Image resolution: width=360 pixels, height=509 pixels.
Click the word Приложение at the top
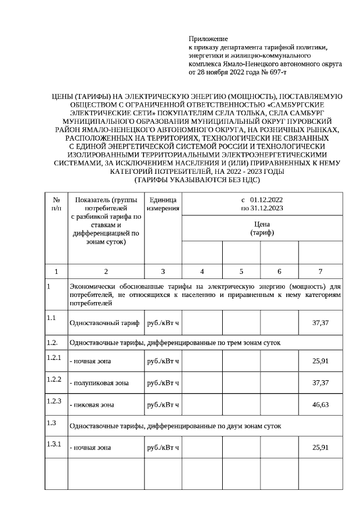208,39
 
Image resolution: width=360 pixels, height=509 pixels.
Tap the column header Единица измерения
163,204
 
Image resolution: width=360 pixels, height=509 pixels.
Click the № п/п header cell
56,204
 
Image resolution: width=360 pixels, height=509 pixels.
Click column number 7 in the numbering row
320,272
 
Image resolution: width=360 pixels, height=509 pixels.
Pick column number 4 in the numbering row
202,272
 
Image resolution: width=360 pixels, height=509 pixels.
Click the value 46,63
320,404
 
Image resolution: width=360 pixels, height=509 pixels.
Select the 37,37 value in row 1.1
320,323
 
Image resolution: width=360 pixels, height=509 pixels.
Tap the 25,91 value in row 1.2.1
320,360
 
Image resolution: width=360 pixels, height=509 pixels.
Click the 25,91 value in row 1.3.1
320,447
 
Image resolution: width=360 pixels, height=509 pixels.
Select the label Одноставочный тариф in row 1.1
104,323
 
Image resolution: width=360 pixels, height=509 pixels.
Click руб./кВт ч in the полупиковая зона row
163,382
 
